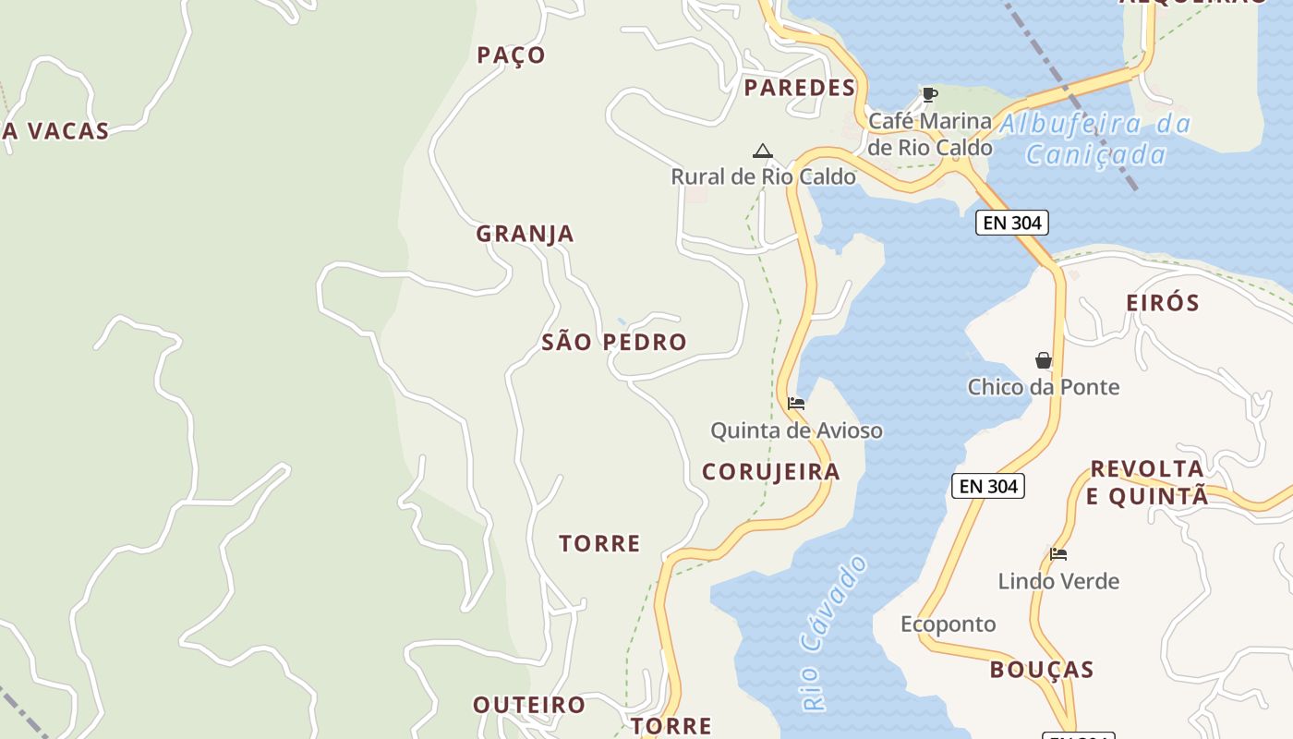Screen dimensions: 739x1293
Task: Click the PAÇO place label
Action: pyautogui.click(x=511, y=55)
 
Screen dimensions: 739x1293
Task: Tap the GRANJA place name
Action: pyautogui.click(x=525, y=235)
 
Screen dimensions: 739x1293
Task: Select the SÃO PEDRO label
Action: pyautogui.click(x=613, y=343)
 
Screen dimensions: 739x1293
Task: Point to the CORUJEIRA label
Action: pyautogui.click(x=770, y=472)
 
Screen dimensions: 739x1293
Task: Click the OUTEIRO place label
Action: pyautogui.click(x=529, y=705)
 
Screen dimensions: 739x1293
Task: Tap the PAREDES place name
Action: pyautogui.click(x=799, y=89)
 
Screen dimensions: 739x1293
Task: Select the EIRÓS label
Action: pyautogui.click(x=1162, y=303)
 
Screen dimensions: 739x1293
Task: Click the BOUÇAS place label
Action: pyautogui.click(x=1041, y=670)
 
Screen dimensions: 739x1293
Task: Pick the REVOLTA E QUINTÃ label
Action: pyautogui.click(x=1146, y=482)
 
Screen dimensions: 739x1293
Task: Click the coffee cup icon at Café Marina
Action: pyautogui.click(x=929, y=94)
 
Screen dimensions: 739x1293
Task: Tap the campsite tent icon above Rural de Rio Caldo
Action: pyautogui.click(x=762, y=151)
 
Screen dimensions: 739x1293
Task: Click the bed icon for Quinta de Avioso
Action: pyautogui.click(x=795, y=404)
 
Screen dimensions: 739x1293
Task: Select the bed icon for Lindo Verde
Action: pyautogui.click(x=1058, y=554)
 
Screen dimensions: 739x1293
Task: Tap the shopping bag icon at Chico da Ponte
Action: pyautogui.click(x=1043, y=360)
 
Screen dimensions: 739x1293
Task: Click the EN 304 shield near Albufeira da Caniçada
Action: pyautogui.click(x=1011, y=223)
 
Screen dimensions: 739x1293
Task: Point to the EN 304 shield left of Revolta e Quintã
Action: pyautogui.click(x=987, y=486)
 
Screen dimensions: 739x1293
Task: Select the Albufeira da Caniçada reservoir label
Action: pyautogui.click(x=1096, y=139)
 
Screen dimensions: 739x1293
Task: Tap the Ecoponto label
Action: pyautogui.click(x=948, y=624)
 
